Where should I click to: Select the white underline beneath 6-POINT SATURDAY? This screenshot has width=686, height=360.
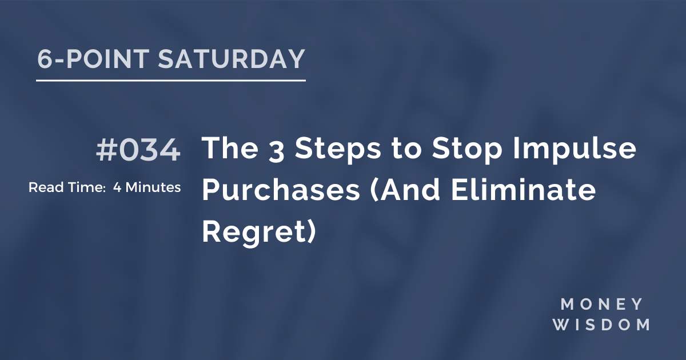[x=170, y=81]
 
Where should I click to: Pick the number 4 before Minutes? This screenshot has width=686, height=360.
[x=117, y=187]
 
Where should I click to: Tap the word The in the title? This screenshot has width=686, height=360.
[x=227, y=150]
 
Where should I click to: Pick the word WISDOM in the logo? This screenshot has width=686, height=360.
[x=605, y=325]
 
